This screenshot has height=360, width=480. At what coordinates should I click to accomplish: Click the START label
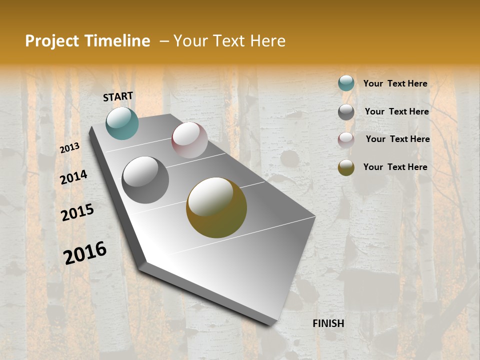pos(118,96)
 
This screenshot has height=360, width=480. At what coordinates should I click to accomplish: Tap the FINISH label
pos(328,323)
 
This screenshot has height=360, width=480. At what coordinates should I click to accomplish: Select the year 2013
pos(70,147)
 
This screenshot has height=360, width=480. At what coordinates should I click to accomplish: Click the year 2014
pos(73,177)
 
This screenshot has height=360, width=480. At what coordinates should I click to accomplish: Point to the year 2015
pos(77,212)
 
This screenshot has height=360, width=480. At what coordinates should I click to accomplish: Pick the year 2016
pos(85,252)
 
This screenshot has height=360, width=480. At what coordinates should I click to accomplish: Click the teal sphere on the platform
pos(122,123)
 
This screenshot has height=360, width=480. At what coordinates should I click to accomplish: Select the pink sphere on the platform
pos(189,140)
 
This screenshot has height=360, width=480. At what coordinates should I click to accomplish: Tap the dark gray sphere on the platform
pos(145,180)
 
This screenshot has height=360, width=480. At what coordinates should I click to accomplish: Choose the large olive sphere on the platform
pos(216,207)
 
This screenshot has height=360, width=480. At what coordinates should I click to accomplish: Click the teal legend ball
pos(346,83)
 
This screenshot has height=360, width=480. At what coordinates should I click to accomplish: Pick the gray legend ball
pos(346,112)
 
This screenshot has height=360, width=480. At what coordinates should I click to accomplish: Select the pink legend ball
pos(346,140)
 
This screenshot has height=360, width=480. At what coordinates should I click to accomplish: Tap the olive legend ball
pos(346,167)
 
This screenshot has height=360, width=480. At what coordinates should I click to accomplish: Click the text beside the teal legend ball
pos(395,83)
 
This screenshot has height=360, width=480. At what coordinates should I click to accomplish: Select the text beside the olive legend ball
pos(395,167)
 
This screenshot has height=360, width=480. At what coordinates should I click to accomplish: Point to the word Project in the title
pos(52,41)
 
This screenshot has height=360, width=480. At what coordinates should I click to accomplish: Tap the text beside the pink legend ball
pos(397,139)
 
